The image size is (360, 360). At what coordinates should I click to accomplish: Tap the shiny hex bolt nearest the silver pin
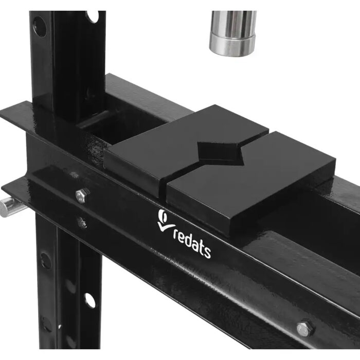[x=82, y=195]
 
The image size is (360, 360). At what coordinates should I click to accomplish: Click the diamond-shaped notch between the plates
[x=220, y=152]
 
